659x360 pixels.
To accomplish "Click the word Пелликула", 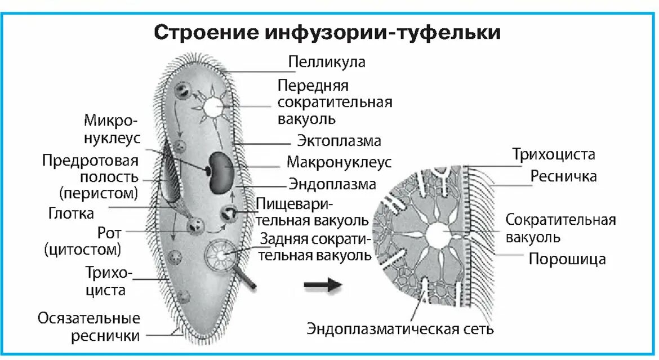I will tap(327, 61).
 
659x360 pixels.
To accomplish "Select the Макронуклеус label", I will tap(339, 162).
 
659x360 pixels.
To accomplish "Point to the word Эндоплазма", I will tap(332, 184).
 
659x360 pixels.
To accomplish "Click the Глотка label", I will tap(71, 214).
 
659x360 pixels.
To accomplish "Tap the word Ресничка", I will tap(563, 176).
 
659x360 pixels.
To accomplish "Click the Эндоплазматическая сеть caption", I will tap(400, 328).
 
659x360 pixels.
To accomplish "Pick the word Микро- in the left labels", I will tap(111, 121).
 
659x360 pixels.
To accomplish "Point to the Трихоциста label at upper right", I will tap(553, 154).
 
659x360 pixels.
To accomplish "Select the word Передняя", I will tap(313, 86).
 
